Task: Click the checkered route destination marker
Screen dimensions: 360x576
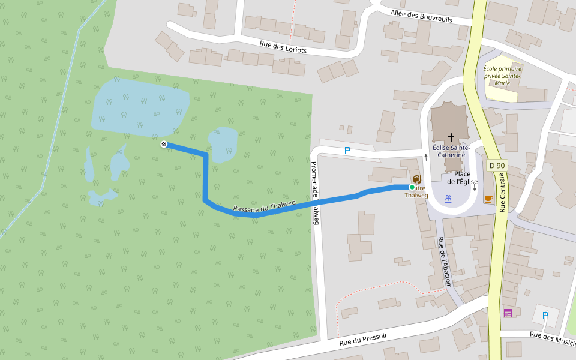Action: [164, 144]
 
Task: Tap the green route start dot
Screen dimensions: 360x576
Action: [412, 187]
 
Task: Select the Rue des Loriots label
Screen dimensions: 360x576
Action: [283, 47]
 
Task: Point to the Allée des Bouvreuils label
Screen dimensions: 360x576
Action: [421, 16]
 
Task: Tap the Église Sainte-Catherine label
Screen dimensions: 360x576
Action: [451, 151]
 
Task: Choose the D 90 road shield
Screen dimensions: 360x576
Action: [497, 166]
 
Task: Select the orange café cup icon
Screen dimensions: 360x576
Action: [488, 199]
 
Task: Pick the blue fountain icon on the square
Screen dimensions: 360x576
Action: [448, 199]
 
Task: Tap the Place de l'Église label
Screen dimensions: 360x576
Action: [462, 178]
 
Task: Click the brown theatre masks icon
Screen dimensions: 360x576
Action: [417, 179]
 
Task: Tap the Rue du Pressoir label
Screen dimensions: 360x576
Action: [363, 340]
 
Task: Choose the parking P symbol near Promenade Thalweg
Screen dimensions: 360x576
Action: [347, 151]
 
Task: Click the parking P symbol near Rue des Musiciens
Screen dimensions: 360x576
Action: [545, 316]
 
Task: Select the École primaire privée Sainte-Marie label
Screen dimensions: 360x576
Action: [502, 76]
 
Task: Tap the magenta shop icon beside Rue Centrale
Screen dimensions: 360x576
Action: [508, 313]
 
